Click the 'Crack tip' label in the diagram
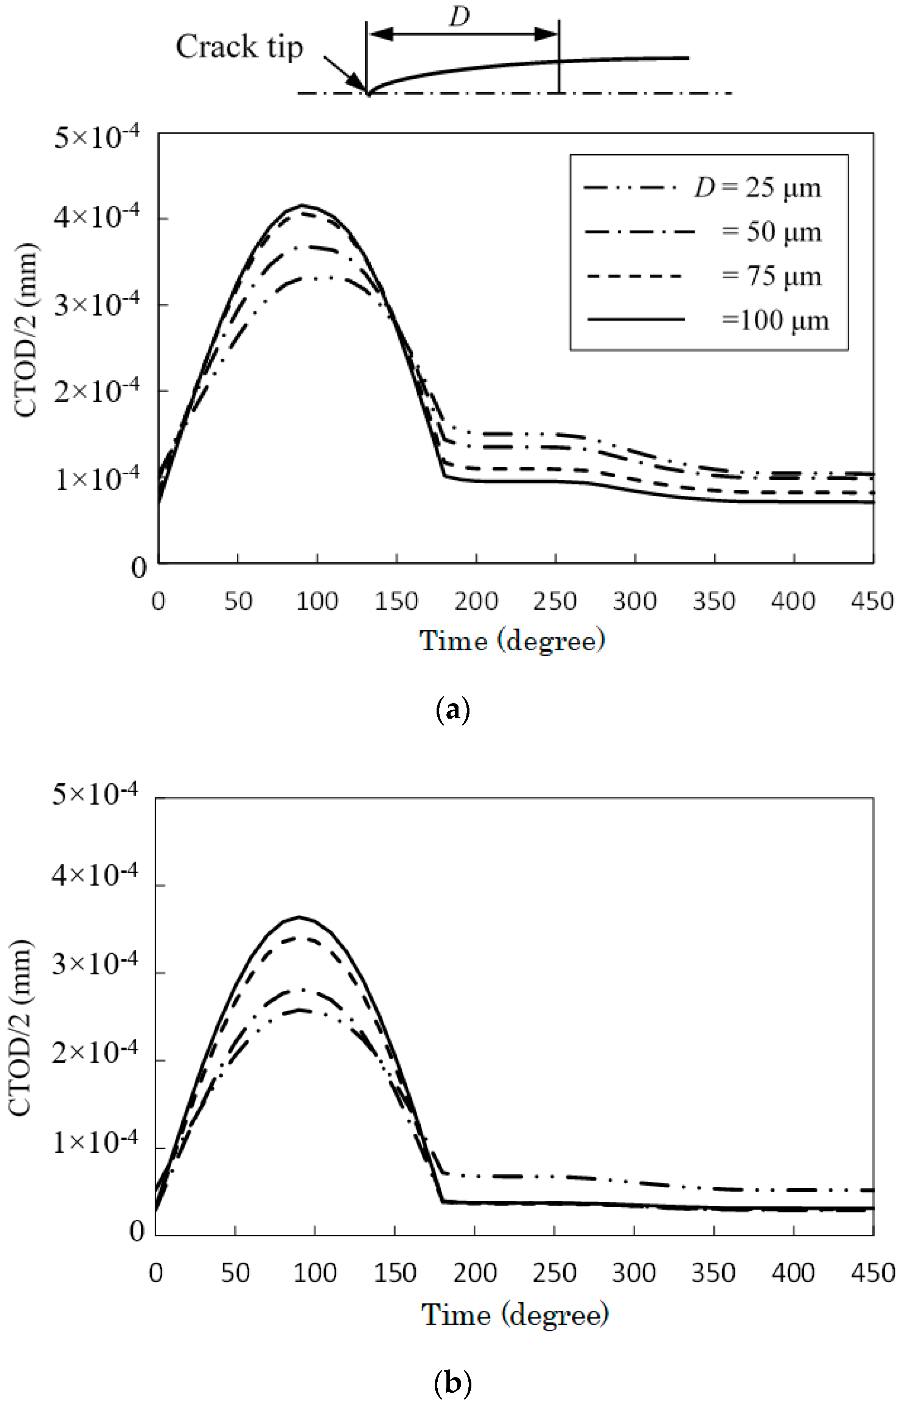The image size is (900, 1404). point(239,47)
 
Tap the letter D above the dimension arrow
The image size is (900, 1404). point(459,17)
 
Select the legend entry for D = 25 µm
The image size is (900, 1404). point(702,188)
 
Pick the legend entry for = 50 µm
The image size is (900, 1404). point(702,232)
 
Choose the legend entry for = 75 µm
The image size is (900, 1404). point(702,276)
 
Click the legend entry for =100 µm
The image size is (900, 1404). point(707,320)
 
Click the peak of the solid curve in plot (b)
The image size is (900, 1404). point(300,917)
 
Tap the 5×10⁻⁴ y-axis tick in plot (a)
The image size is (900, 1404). point(97,139)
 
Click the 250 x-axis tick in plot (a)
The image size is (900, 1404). point(555,601)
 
